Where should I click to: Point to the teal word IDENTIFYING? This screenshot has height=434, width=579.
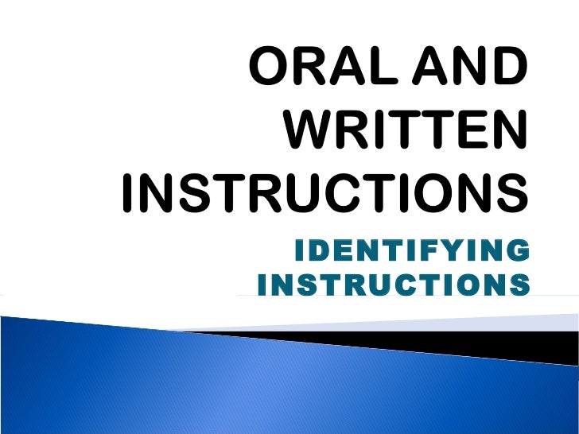click(x=410, y=252)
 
